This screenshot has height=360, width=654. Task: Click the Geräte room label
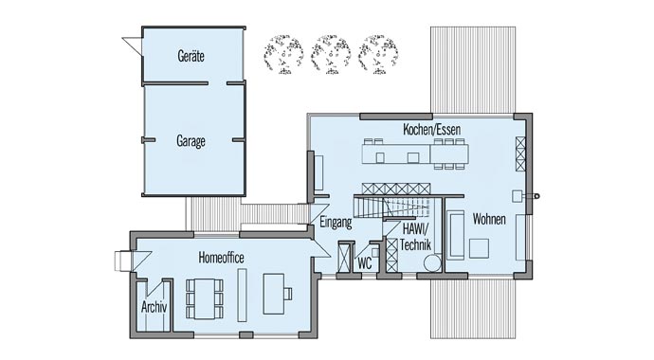pyautogui.click(x=191, y=57)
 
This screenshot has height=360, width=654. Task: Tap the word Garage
pyautogui.click(x=191, y=141)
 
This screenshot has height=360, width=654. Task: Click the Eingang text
pyautogui.click(x=336, y=224)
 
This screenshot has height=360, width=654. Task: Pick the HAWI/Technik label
pyautogui.click(x=414, y=237)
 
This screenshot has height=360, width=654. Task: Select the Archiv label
pyautogui.click(x=154, y=307)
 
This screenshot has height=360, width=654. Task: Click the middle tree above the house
pyautogui.click(x=330, y=54)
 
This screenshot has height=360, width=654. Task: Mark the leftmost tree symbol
pyautogui.click(x=282, y=54)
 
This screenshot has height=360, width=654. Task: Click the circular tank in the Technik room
pyautogui.click(x=432, y=262)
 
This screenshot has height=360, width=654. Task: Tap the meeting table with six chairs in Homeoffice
pyautogui.click(x=204, y=297)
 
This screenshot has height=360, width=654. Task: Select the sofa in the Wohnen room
pyautogui.click(x=455, y=234)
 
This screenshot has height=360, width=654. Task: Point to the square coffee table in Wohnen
pyautogui.click(x=479, y=248)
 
